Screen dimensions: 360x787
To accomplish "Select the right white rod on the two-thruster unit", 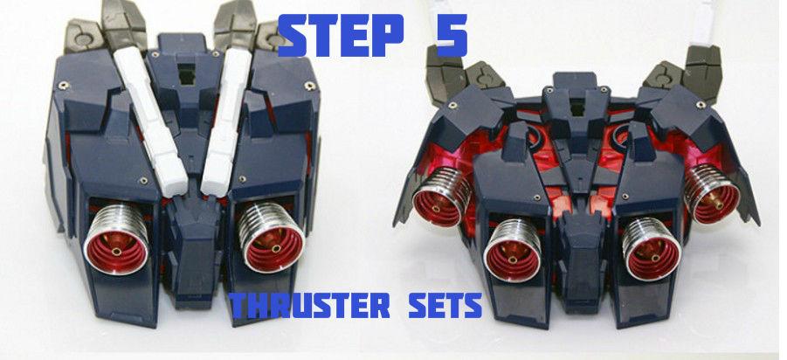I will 224,114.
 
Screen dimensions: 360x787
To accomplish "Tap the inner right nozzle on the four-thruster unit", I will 651,252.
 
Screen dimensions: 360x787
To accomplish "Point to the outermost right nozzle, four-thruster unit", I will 713,192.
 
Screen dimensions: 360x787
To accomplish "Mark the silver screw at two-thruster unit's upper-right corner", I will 310,85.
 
